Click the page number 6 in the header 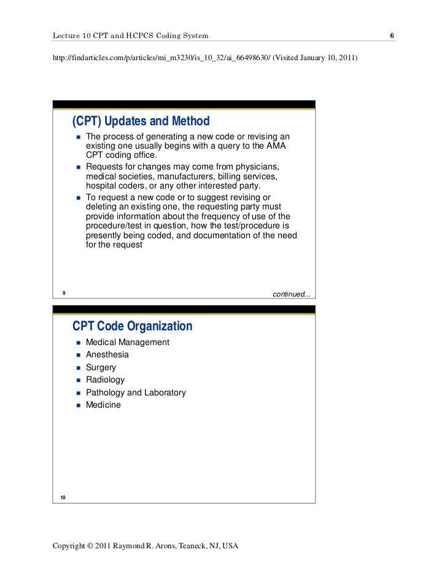tap(392, 36)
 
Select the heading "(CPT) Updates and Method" tap(141, 121)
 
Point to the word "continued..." tap(291, 294)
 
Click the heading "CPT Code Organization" tap(133, 327)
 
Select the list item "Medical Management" tap(127, 342)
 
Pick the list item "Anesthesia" tap(107, 354)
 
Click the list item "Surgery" tap(101, 367)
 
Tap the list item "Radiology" tap(105, 379)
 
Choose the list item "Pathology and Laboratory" tap(135, 392)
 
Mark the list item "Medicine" tap(103, 405)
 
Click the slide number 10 tap(63, 497)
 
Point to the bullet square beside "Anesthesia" tap(79, 355)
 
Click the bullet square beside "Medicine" tap(79, 405)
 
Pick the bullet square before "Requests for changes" tap(79, 168)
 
